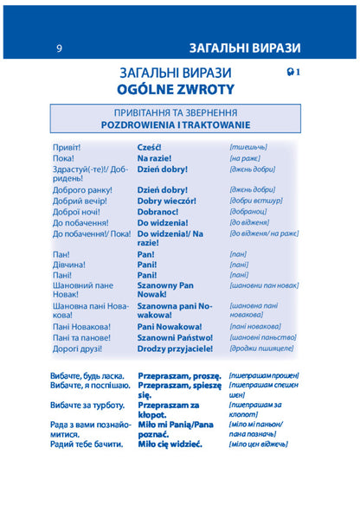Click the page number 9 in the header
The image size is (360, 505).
coord(59,48)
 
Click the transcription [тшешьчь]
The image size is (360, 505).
coord(248,147)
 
